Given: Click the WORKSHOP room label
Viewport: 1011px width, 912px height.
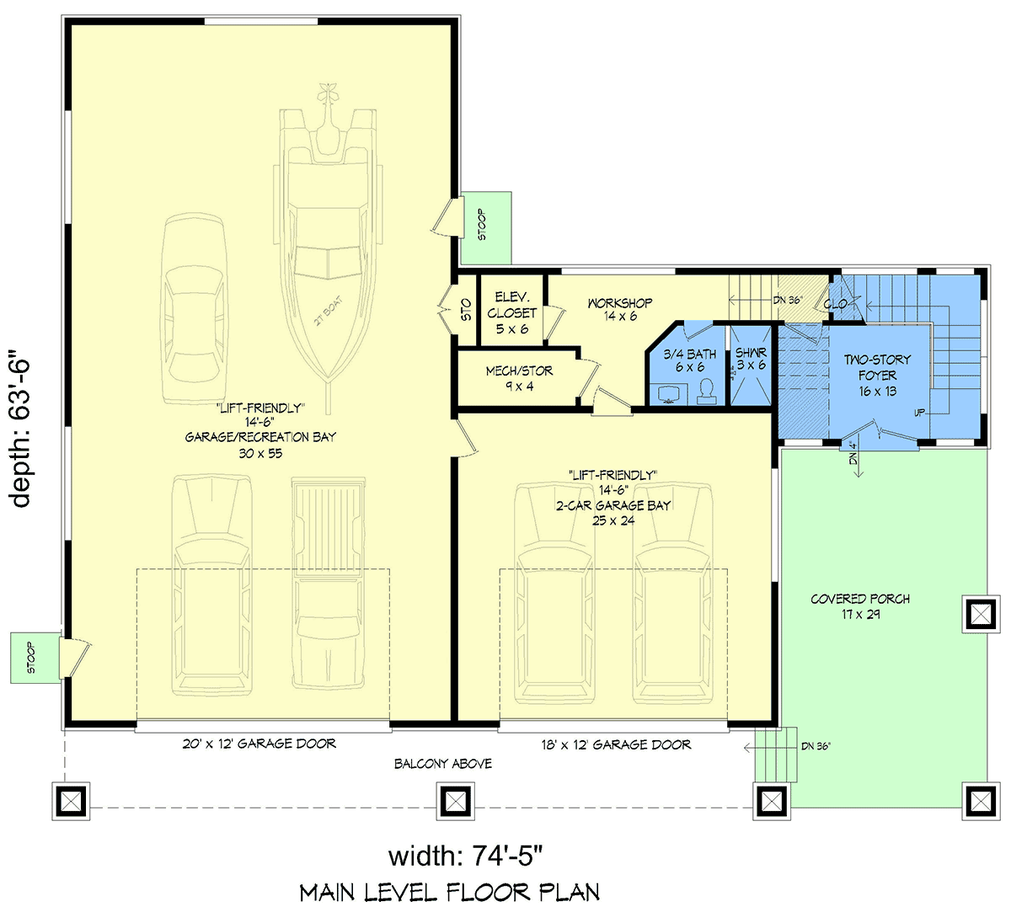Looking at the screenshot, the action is pyautogui.click(x=620, y=309).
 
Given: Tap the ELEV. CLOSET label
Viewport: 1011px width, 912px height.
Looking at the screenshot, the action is pyautogui.click(x=511, y=313).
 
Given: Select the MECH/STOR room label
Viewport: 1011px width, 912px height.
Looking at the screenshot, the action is pyautogui.click(x=519, y=378).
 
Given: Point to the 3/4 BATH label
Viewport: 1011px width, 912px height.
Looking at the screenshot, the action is pyautogui.click(x=689, y=360).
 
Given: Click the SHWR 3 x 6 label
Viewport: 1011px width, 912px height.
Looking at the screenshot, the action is pyautogui.click(x=751, y=358).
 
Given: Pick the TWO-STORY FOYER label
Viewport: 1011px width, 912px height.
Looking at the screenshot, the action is pyautogui.click(x=877, y=376).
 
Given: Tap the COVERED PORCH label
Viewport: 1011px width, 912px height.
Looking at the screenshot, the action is pyautogui.click(x=860, y=606).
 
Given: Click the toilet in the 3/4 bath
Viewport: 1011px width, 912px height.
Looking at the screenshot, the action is pyautogui.click(x=707, y=391).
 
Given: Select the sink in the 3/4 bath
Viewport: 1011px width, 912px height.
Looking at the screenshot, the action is pyautogui.click(x=669, y=394).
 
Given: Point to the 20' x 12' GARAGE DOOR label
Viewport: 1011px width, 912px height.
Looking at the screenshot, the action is pyautogui.click(x=259, y=744).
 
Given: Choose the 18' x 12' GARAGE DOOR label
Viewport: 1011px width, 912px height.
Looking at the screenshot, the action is pyautogui.click(x=616, y=744).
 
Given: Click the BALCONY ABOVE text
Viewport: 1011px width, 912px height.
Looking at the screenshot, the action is pyautogui.click(x=443, y=763).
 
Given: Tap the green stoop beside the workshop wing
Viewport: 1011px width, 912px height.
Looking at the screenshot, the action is pyautogui.click(x=486, y=227).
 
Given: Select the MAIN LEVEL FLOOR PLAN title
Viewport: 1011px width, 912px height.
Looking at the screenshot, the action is pyautogui.click(x=450, y=893).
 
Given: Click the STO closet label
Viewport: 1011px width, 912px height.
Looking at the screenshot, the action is pyautogui.click(x=466, y=311).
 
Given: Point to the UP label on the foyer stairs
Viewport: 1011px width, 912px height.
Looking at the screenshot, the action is pyautogui.click(x=919, y=413).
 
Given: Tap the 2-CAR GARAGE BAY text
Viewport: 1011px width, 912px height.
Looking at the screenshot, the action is pyautogui.click(x=612, y=505).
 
